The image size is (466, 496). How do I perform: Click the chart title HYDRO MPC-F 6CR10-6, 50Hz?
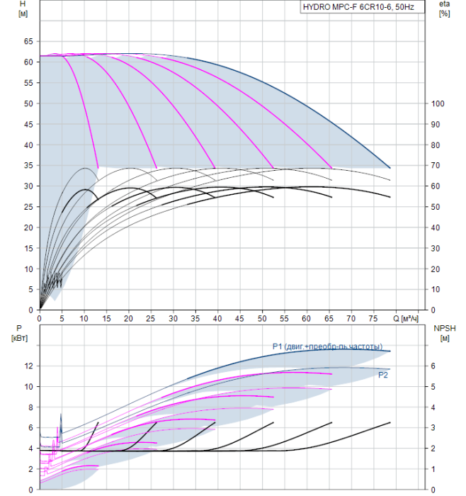point(358,7)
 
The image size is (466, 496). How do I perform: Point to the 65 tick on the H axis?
point(28,41)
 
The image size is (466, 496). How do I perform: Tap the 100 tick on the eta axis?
point(438,103)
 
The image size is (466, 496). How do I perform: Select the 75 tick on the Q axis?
point(373,319)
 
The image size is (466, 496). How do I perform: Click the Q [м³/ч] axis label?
point(406,319)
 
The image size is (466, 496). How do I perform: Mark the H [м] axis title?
point(23,9)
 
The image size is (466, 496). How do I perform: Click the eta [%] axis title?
point(445,9)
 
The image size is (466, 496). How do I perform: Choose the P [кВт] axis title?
point(19,334)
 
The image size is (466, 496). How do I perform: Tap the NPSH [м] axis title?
point(445,334)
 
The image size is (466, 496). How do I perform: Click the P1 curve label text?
point(327,346)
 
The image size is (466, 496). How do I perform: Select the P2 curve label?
point(383,375)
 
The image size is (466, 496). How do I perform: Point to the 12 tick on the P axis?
point(28,366)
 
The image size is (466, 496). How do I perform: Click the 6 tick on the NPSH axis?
point(433,366)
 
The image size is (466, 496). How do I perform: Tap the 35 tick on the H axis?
point(28,165)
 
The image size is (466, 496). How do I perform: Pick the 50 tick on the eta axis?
point(436,207)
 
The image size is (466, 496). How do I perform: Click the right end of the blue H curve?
point(390,168)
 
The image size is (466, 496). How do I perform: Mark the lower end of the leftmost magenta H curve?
point(98,168)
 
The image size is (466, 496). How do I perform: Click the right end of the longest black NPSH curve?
point(390,422)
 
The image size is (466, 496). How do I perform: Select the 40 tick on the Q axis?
point(217,319)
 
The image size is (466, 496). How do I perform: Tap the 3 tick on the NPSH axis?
point(433,428)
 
